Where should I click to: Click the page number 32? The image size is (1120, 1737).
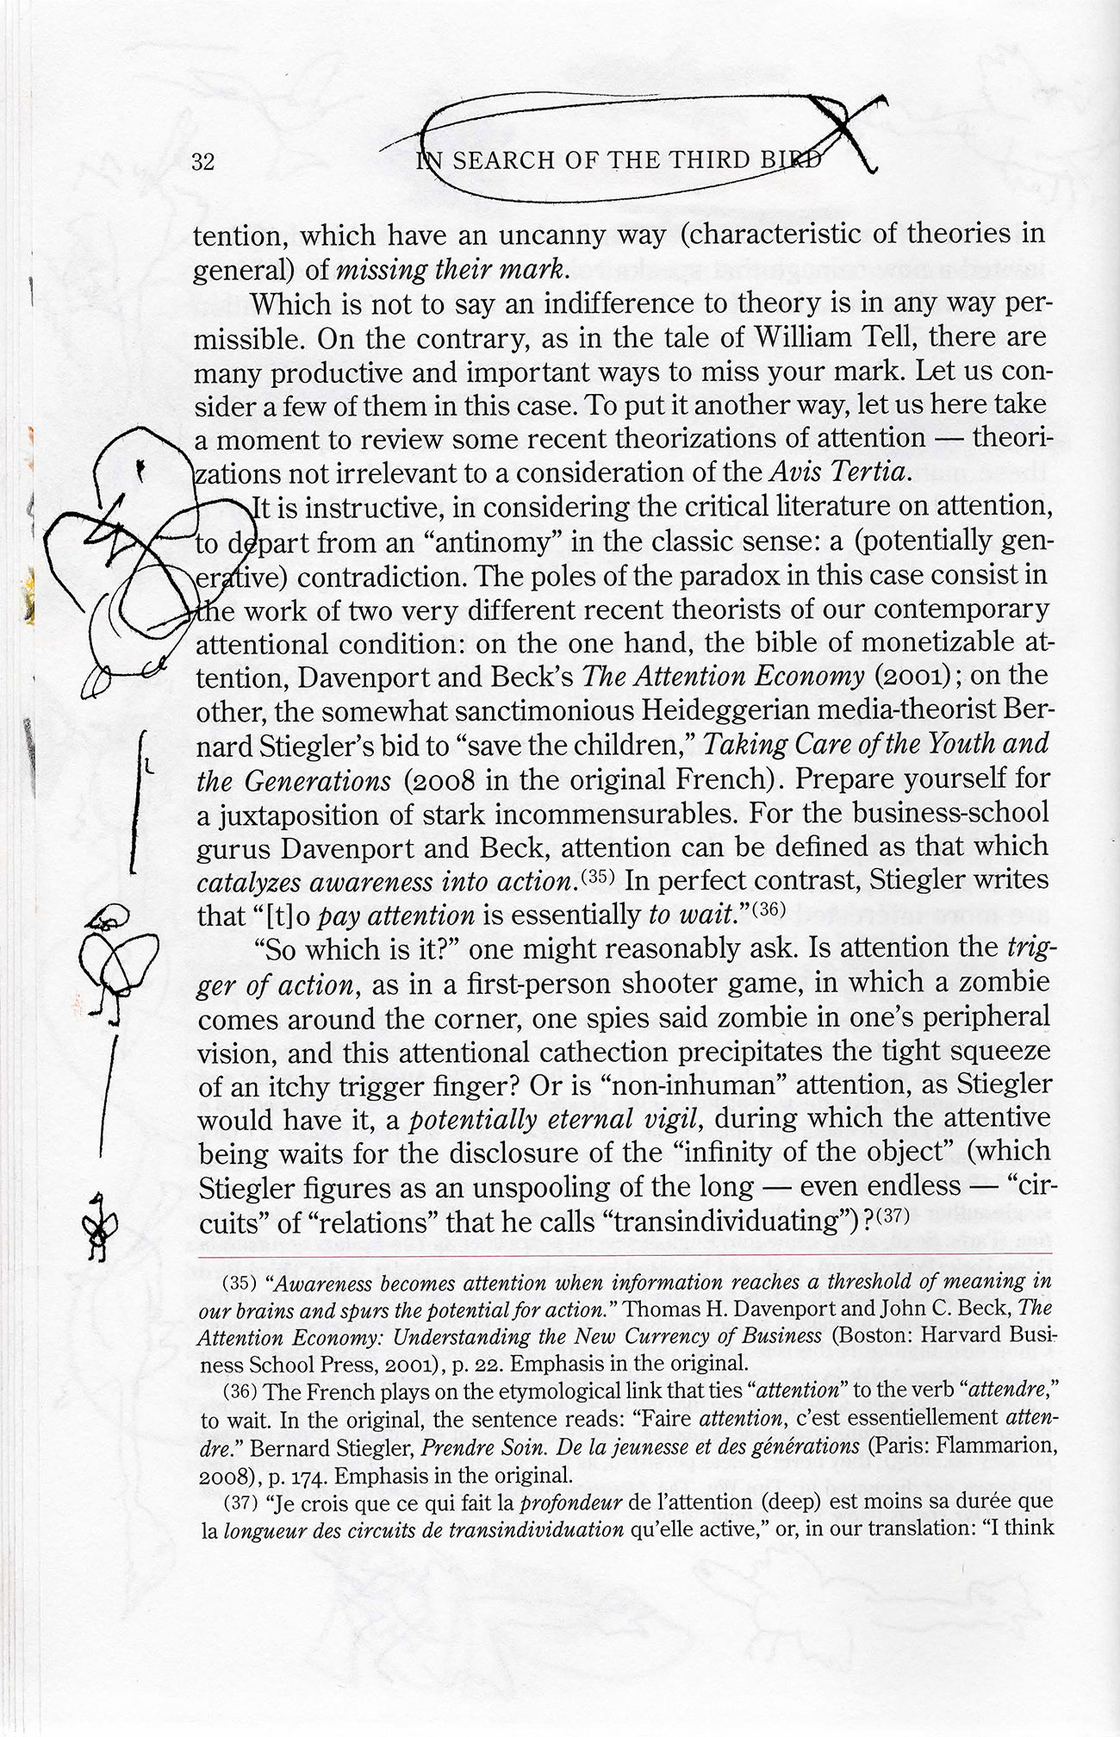203,162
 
